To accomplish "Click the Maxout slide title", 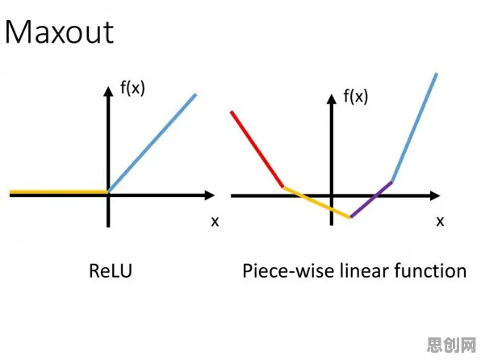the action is pos(60,32).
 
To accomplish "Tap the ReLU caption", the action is pos(111,270).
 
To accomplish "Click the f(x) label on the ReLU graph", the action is pos(132,89).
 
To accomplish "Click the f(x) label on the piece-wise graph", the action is pos(356,96).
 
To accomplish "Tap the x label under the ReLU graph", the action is pos(215,221).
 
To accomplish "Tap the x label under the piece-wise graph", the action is pos(440,221).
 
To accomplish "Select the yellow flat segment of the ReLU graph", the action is pos(59,192).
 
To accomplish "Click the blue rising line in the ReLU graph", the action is pos(153,143).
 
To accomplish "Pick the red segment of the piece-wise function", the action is pos(257,149).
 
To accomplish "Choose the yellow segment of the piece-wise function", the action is pos(316,203).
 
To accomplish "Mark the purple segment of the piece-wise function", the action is pos(371,199).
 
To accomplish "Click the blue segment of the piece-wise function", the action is pos(414,128).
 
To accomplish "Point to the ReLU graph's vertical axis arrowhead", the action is pos(108,91).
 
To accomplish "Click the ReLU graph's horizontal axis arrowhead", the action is pos(209,195).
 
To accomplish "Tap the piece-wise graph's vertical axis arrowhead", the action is pos(332,98).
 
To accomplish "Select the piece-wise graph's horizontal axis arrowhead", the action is pos(435,196).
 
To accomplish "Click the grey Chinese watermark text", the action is pos(452,345).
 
